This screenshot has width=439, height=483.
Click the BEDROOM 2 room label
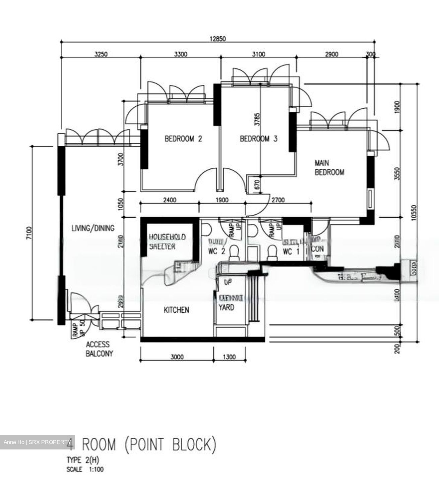point(183,139)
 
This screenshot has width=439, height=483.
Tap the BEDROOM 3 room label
point(258,139)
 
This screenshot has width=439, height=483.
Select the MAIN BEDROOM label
point(329,168)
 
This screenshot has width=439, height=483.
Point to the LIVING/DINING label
point(93,228)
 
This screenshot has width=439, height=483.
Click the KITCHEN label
point(176,310)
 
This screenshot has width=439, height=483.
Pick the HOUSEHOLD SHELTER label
point(167,241)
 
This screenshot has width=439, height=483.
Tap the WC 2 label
point(211,251)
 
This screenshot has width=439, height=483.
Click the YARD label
point(227,307)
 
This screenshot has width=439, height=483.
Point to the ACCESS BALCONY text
point(99,349)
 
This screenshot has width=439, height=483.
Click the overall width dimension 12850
point(218,39)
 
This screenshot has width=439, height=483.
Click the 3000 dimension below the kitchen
point(177,357)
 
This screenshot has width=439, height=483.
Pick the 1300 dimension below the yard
point(229,357)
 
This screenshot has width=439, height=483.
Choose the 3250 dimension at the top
point(101,54)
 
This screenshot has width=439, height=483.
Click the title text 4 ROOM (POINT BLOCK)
point(149,445)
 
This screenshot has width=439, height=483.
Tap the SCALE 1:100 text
point(85,469)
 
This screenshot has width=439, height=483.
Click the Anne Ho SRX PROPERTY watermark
point(37,442)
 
